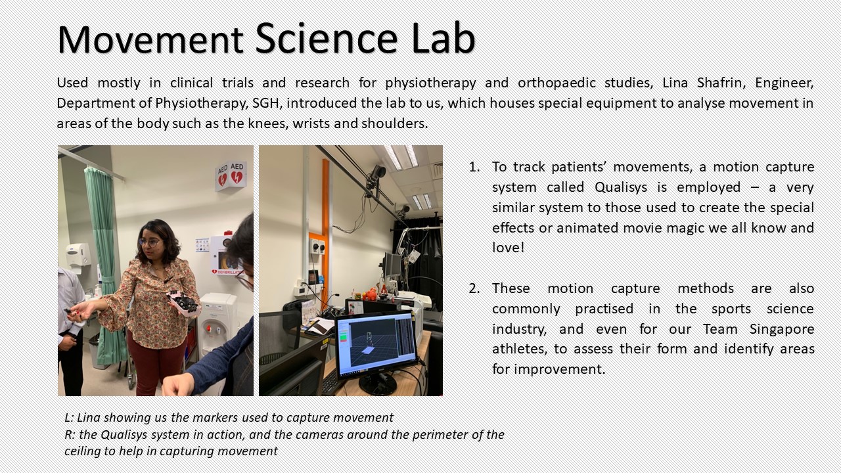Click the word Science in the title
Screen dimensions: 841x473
click(326, 39)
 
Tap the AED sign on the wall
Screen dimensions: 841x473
click(231, 175)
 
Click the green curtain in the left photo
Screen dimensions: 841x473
click(106, 263)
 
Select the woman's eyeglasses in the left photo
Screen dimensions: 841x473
click(149, 242)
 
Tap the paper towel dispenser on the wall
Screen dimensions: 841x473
click(78, 256)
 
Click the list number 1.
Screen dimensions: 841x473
click(474, 167)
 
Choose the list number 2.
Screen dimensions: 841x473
click(474, 288)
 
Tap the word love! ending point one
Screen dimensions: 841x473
click(508, 248)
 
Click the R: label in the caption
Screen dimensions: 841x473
click(70, 435)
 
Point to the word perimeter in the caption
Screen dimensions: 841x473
click(440, 435)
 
